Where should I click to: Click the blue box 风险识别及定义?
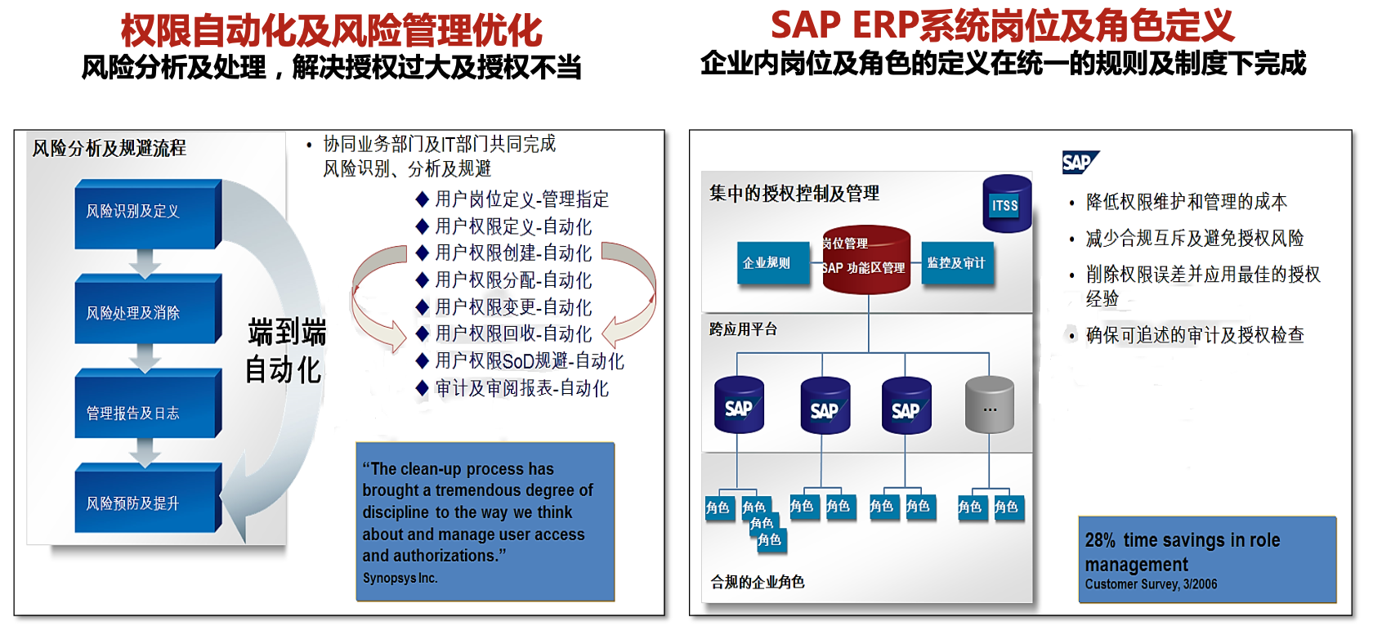click(147, 212)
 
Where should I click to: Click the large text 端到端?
click(287, 333)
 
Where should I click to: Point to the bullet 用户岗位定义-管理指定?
click(521, 199)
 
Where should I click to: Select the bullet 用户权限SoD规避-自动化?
click(529, 361)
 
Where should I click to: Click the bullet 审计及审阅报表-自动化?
click(521, 388)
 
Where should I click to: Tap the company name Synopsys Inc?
click(400, 579)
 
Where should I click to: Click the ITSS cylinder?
click(1006, 203)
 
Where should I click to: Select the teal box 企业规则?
click(767, 263)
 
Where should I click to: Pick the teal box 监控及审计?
click(956, 263)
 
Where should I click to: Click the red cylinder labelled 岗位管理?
click(865, 258)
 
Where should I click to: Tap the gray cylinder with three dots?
click(989, 405)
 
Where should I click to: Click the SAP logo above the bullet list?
click(1079, 163)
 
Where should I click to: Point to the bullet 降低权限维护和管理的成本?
click(1186, 202)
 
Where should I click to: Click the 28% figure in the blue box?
click(1100, 540)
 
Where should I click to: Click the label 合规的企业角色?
click(758, 582)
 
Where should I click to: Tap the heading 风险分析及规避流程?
click(110, 149)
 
